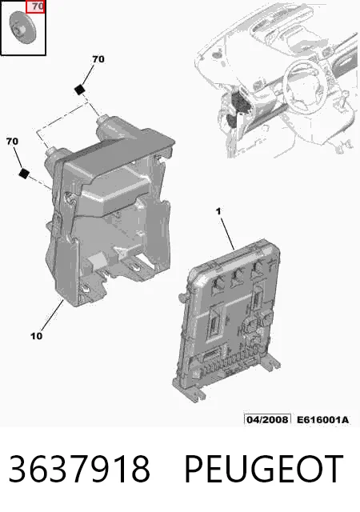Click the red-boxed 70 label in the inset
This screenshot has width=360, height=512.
coord(35,7)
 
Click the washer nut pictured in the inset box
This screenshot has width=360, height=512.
coord(22,27)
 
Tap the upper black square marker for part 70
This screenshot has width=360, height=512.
coord(79,89)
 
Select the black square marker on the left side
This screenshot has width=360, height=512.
coord(24,173)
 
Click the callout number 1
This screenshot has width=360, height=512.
coord(218,211)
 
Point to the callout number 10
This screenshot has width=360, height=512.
coord(36,336)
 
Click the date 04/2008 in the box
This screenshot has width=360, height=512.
coord(267,419)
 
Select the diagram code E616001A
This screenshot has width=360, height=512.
coord(322,419)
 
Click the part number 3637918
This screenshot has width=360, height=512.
coord(79,469)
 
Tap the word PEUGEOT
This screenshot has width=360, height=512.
coord(264,469)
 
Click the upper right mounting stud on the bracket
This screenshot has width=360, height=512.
coord(105,124)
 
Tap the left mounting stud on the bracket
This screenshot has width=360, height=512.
coord(53,155)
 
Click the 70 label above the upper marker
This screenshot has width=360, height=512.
coord(98,59)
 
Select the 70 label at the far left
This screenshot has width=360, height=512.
coord(12,142)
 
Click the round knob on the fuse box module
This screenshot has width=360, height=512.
coord(267,317)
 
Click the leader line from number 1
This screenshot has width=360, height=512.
coord(227,234)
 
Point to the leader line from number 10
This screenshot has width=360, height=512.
coord(52,316)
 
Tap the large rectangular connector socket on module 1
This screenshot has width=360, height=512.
coord(216,321)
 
